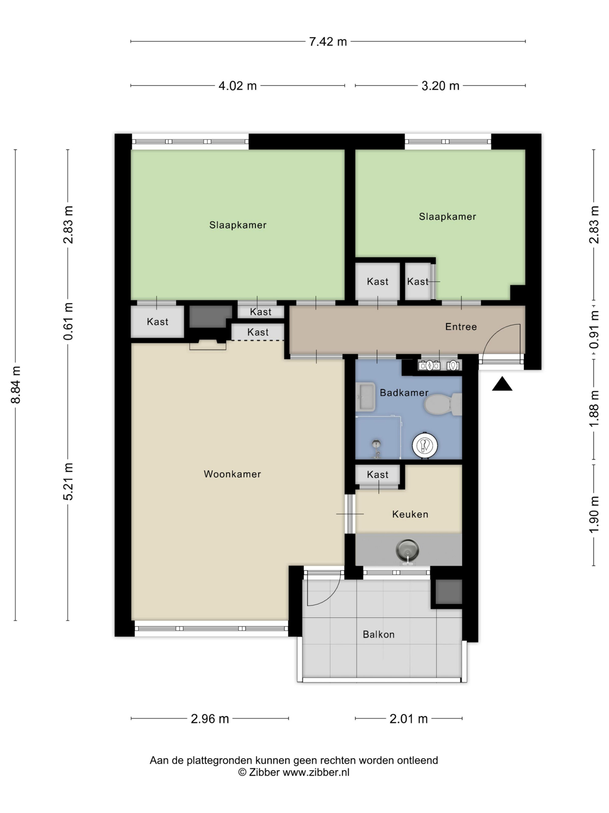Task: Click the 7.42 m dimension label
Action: point(328,41)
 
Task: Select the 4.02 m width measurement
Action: point(238,86)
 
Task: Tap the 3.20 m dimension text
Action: point(440,86)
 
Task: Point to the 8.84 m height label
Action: point(16,385)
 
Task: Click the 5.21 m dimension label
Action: point(68,481)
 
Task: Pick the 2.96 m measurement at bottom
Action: point(209,719)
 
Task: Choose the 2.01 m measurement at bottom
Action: point(409,719)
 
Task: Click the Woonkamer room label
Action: point(232,474)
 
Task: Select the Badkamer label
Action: point(404,393)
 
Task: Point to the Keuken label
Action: point(410,514)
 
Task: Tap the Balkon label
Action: point(378,634)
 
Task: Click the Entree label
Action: point(461,327)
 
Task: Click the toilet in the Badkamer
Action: point(443,405)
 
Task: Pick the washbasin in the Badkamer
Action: point(365,397)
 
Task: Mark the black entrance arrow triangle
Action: point(502,384)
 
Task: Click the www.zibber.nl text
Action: point(316,772)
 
